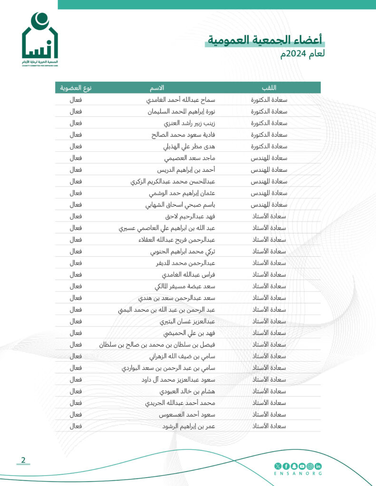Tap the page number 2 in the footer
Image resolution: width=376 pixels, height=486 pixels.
point(23,459)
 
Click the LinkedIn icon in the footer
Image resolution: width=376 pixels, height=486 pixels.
point(318,466)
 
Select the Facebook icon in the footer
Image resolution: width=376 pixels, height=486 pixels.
point(286,466)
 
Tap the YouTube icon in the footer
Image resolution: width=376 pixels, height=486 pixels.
point(302,466)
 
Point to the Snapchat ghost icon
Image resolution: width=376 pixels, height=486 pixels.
point(294,466)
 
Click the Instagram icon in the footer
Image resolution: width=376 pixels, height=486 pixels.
point(310,466)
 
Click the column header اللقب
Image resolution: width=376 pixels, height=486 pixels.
point(269,88)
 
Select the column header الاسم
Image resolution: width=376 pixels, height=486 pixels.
point(157,88)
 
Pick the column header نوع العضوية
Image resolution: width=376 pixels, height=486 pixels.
point(76,88)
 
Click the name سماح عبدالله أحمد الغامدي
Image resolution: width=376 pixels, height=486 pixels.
point(180,100)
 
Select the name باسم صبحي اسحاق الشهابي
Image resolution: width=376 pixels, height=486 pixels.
point(180,205)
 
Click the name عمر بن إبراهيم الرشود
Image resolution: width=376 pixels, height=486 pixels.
point(189,426)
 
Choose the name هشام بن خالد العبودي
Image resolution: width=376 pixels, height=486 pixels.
point(187,392)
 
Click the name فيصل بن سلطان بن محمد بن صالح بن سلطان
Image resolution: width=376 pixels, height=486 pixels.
point(157,345)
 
